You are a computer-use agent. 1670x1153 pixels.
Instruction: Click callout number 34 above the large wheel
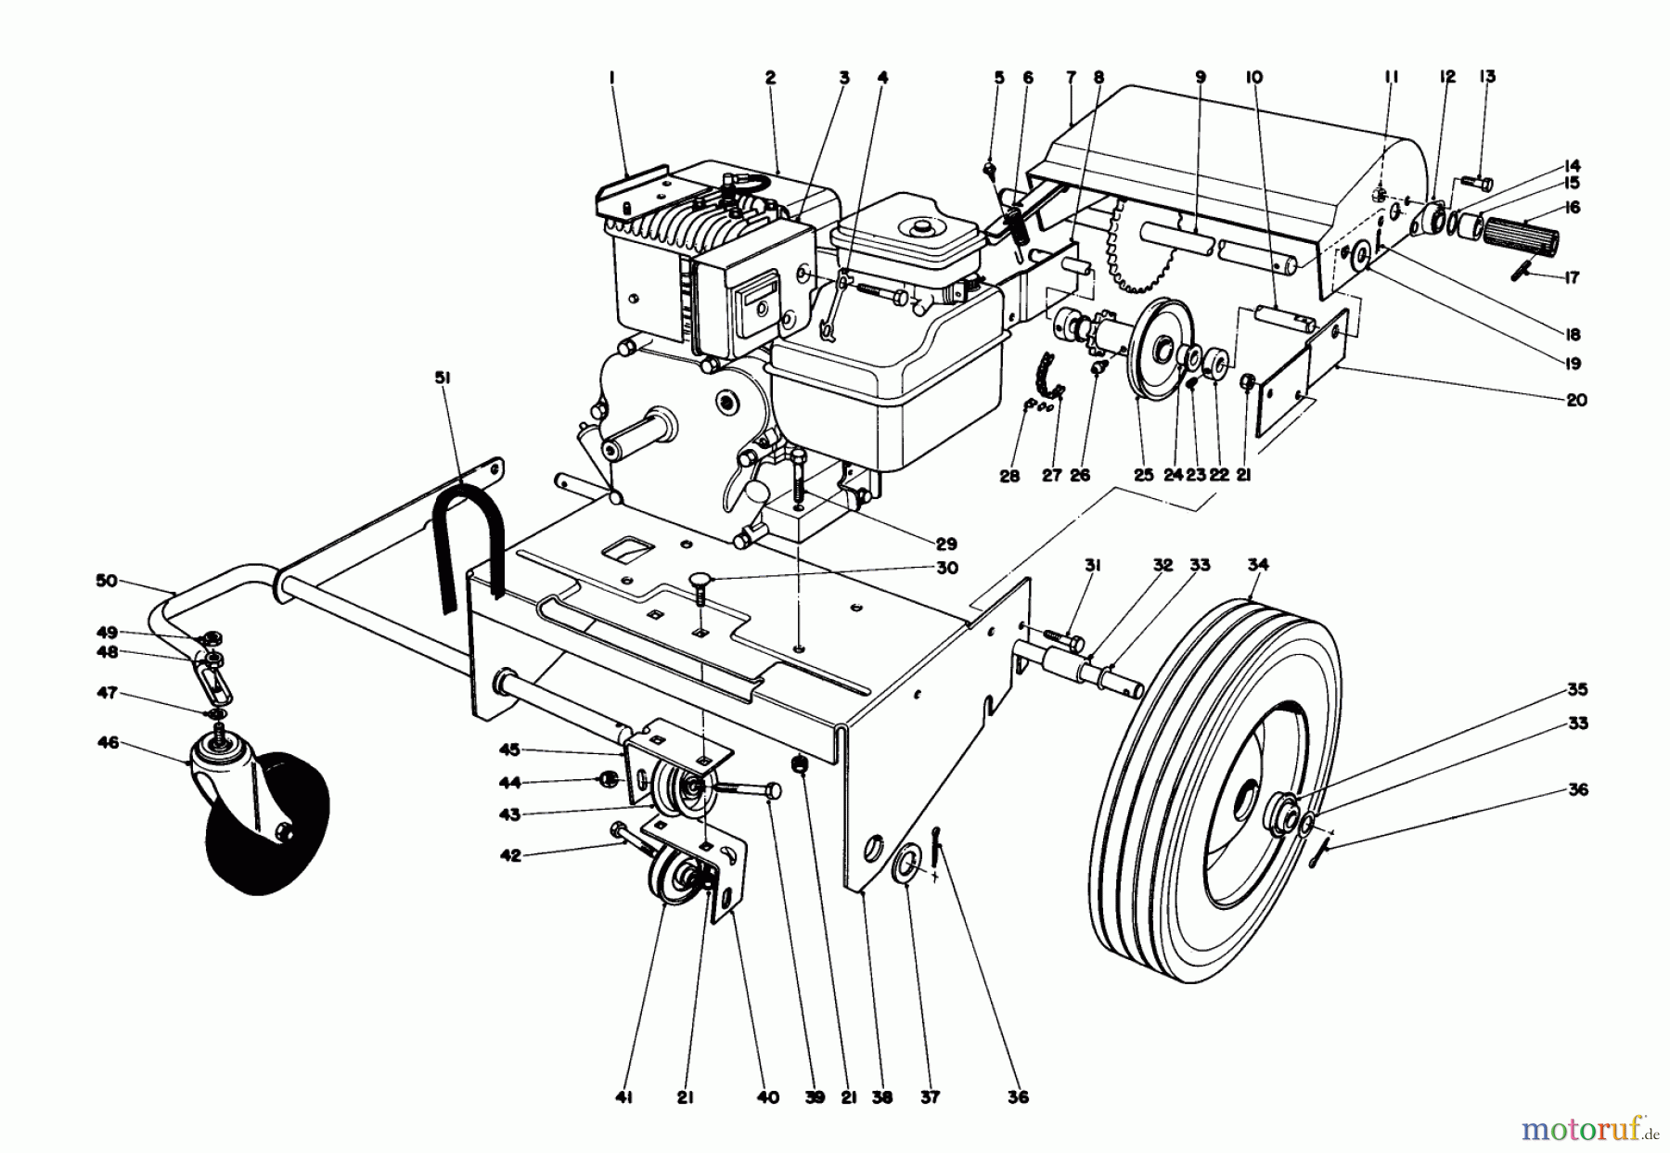[1258, 565]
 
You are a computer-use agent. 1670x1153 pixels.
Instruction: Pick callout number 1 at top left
[612, 80]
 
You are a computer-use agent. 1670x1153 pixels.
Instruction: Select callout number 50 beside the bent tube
[108, 581]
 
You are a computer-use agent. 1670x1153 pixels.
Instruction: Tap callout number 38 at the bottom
[881, 1096]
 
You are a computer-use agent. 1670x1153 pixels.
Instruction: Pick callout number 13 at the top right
[1487, 77]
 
